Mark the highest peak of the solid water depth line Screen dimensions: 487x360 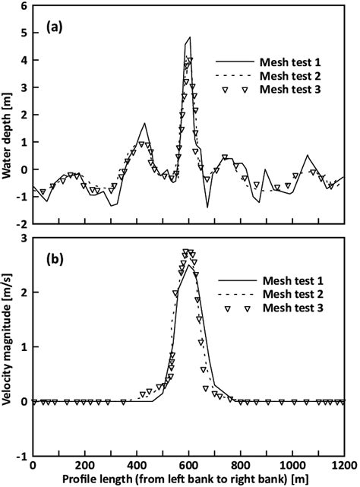pyautogui.click(x=190, y=36)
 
